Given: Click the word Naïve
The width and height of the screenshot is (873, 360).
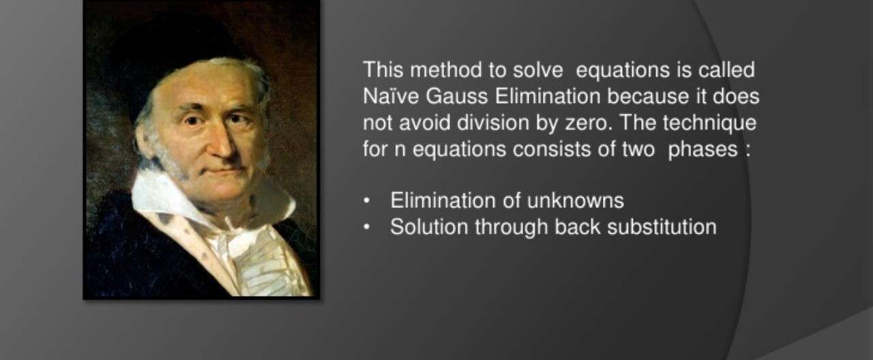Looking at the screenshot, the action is (391, 96).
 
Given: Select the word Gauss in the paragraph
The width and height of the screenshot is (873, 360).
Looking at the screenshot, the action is (456, 97).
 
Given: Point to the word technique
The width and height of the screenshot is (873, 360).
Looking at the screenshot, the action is (709, 123).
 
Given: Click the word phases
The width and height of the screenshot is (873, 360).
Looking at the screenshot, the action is (702, 150).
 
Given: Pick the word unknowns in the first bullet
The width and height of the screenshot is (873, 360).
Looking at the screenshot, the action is (575, 200).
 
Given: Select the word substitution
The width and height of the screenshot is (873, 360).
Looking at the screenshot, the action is (662, 227).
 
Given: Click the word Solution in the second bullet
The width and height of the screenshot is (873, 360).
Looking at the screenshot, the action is (429, 227).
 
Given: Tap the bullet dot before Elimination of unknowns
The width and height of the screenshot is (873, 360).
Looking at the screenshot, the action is (366, 201).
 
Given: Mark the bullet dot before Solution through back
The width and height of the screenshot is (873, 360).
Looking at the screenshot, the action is (366, 228).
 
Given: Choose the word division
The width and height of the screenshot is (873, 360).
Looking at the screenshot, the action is (493, 123).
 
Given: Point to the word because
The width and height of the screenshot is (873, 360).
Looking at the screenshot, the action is (647, 97).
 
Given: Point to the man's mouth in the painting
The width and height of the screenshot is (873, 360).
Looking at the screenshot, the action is (224, 170).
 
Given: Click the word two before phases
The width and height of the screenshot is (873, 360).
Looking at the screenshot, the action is (638, 149).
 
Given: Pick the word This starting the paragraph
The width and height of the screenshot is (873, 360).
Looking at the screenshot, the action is (383, 70).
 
